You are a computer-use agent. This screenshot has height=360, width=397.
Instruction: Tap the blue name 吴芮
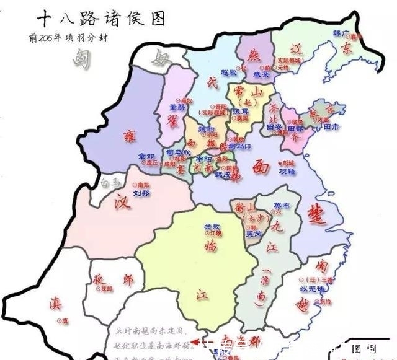coord(254,234)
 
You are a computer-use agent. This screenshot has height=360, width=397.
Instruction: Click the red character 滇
coord(56,304)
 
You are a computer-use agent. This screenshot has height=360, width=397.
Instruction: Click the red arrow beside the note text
coord(196,340)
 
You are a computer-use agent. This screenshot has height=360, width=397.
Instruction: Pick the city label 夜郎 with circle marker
coord(104,289)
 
